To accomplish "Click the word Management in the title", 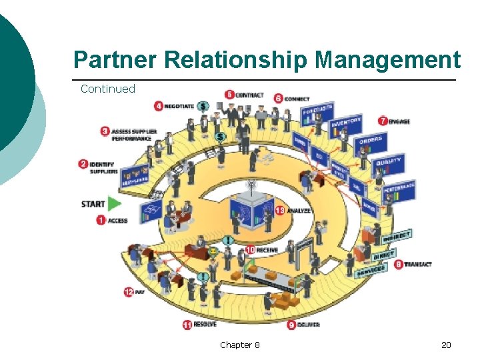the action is tap(387, 60).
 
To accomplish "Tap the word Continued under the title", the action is tap(107, 89).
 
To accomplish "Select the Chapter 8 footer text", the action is tap(240, 345).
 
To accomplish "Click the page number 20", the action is tap(446, 345).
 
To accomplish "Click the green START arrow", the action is tap(115, 203).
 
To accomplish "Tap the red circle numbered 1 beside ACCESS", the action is tap(101, 220).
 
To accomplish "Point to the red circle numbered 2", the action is tap(83, 163).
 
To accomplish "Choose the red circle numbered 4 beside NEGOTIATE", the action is tap(159, 105).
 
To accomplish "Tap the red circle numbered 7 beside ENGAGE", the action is tap(383, 121).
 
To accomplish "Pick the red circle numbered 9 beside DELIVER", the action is tap(291, 325).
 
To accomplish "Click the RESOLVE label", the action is tap(205, 325).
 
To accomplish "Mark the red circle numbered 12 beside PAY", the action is tap(129, 291).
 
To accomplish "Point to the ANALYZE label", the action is tap(297, 211).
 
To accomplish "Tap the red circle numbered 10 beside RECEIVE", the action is tap(250, 249).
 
